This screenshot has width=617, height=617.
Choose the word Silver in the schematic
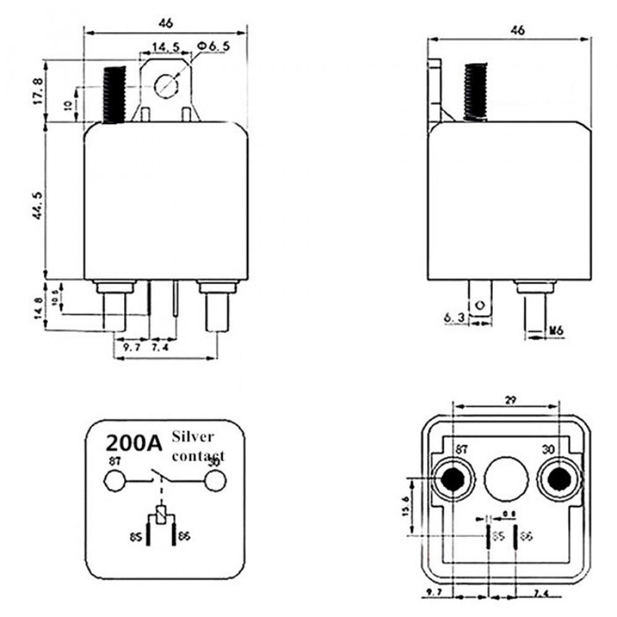point(193,437)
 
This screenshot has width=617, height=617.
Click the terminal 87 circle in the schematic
point(114,479)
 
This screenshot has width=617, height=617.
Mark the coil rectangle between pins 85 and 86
point(162,515)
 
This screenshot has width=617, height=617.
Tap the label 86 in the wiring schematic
point(184,537)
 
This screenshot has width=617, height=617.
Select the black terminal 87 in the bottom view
point(452,479)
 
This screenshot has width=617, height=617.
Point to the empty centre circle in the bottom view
point(506,479)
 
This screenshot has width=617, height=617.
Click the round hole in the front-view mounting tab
point(166,85)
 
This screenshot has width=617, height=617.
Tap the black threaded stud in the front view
point(114,94)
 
